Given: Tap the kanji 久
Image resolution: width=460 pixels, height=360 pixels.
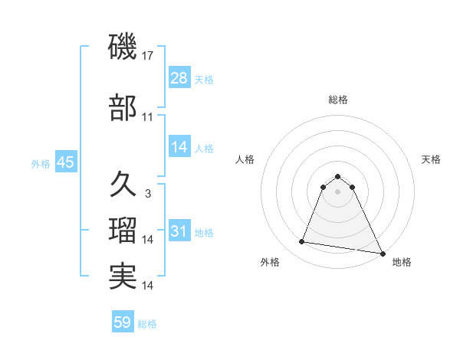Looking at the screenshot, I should [123, 185].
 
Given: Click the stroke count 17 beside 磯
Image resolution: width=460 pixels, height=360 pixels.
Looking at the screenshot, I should [148, 56].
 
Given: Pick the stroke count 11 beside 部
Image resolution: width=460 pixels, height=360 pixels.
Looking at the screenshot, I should [148, 117].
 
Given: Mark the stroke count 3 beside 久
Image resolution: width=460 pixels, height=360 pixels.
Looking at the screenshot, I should [148, 194].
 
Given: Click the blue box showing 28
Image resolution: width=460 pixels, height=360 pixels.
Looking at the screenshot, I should [179, 78].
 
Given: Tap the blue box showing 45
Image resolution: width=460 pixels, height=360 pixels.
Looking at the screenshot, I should [65, 162].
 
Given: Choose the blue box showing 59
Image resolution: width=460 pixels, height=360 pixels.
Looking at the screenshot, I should [123, 322].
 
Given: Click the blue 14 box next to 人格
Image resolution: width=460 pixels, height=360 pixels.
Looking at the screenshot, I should [179, 147].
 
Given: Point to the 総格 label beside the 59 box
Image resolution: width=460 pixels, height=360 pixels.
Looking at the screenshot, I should [148, 324].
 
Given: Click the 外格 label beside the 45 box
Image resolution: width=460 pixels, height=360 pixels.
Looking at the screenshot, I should [41, 163].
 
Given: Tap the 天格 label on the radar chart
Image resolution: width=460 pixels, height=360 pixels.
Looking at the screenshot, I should [431, 159].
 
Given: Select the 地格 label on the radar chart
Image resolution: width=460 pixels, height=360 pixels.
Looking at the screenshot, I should [402, 262].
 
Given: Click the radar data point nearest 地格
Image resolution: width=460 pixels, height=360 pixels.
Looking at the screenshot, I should [383, 254].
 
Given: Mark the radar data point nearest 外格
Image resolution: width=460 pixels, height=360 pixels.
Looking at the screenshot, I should [301, 242].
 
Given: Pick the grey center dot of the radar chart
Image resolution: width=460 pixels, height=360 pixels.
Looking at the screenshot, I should [338, 191].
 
